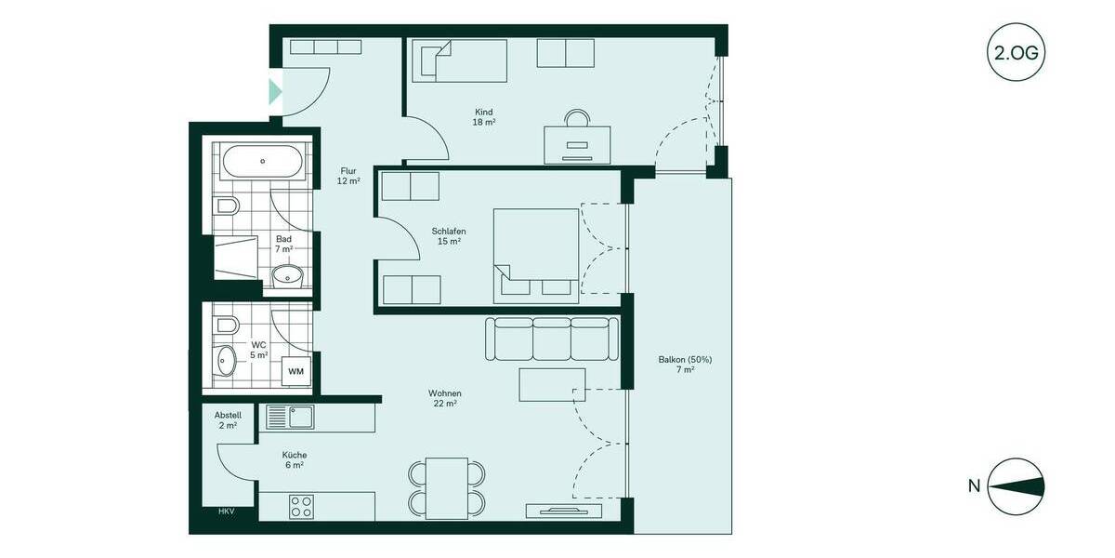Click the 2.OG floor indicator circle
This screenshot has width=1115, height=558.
1017,52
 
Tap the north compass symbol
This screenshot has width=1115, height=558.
1017,486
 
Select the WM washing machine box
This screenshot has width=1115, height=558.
295,371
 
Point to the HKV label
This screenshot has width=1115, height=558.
226,511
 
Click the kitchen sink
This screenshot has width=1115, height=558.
290,417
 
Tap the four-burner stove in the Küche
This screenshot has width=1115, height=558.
300,507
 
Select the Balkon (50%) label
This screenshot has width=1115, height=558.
685,364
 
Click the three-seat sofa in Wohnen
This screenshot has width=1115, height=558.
552,339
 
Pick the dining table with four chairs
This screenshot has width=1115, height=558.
447,488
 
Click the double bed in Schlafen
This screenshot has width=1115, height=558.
535,254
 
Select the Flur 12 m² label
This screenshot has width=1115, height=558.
348,176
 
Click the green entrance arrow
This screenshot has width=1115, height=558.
275,92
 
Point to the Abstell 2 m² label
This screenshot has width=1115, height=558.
228,420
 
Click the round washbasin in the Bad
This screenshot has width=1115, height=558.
290,275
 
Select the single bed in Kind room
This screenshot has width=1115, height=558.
459,60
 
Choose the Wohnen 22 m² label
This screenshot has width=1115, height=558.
445,398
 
